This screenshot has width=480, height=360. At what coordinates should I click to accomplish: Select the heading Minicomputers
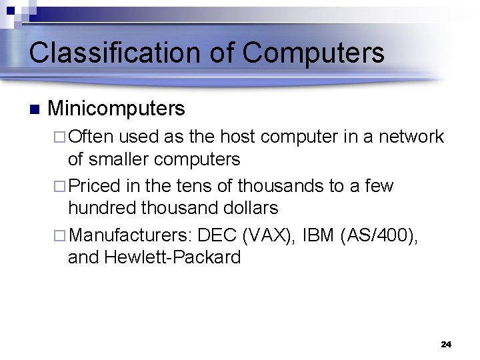117,108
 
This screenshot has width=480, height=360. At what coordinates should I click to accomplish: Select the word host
237,137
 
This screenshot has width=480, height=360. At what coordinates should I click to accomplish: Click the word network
411,137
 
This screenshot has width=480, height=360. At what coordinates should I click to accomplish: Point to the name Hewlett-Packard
173,257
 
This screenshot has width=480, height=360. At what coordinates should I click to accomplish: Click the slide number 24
446,344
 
